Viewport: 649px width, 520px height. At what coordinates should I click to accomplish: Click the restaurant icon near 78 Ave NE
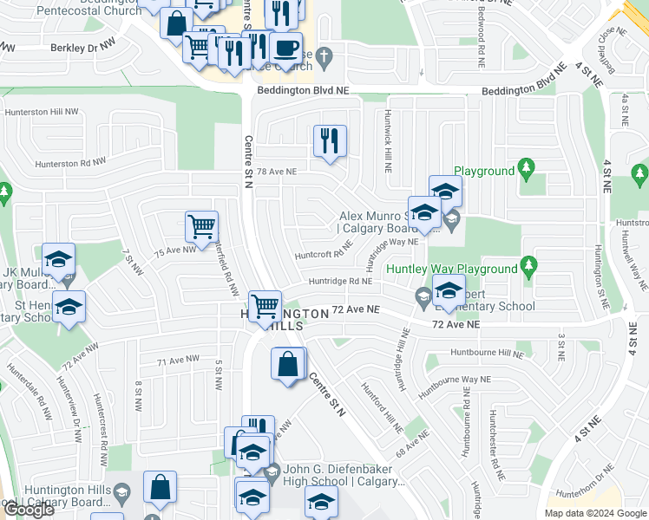pyautogui.click(x=330, y=140)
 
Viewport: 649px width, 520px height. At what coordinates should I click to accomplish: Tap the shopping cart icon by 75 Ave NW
pyautogui.click(x=201, y=226)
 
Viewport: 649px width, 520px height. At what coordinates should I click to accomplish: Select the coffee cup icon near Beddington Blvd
pyautogui.click(x=285, y=47)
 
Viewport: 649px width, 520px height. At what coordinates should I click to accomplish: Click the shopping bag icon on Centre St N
pyautogui.click(x=288, y=364)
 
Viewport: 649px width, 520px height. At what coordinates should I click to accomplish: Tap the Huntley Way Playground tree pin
pyautogui.click(x=526, y=263)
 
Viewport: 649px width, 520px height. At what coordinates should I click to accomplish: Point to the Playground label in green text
pyautogui.click(x=483, y=172)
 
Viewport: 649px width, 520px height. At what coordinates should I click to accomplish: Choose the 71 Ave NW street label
pyautogui.click(x=178, y=361)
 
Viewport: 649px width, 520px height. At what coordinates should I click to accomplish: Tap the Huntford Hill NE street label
pyautogui.click(x=383, y=407)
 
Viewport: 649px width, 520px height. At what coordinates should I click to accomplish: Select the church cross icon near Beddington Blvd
pyautogui.click(x=324, y=58)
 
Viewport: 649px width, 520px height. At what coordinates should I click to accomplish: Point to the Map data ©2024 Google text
pyautogui.click(x=594, y=513)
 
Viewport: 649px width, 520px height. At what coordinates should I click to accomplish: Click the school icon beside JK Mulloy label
pyautogui.click(x=59, y=259)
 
